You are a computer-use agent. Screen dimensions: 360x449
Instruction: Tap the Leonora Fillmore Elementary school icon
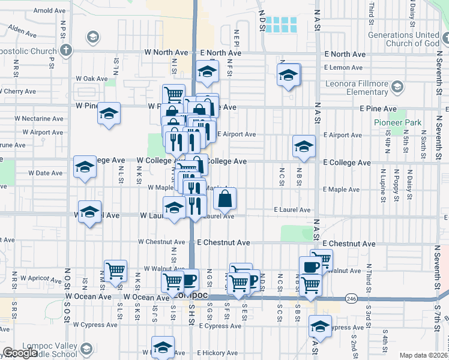pyautogui.click(x=397, y=88)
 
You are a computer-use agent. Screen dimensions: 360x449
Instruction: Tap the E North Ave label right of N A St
pyautogui.click(x=345, y=54)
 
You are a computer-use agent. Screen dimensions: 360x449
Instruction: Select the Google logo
pyautogui.click(x=20, y=353)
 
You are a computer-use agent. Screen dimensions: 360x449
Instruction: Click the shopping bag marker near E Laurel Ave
pyautogui.click(x=224, y=199)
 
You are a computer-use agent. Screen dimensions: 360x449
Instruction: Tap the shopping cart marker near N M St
pyautogui.click(x=115, y=270)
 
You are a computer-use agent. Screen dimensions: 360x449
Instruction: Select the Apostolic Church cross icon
pyautogui.click(x=67, y=49)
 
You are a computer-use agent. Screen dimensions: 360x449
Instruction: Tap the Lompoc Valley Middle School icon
pyautogui.click(x=86, y=349)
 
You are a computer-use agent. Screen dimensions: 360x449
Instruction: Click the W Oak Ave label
pyautogui.click(x=91, y=79)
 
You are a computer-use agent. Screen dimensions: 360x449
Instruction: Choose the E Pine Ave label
pyautogui.click(x=378, y=109)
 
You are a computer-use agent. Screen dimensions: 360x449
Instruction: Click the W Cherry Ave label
pyautogui.click(x=18, y=92)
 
